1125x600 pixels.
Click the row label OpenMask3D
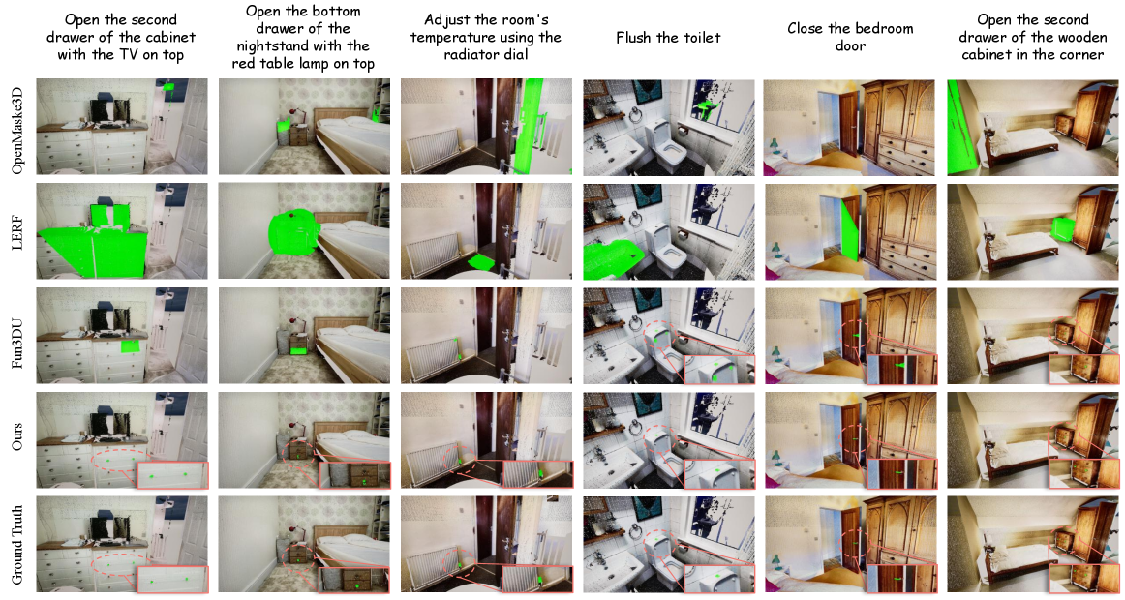click(18, 127)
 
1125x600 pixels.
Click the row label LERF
click(18, 231)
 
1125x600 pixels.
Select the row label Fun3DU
click(18, 337)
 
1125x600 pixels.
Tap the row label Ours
click(18, 437)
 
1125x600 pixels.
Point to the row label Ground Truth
click(18, 545)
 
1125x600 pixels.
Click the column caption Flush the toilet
click(668, 38)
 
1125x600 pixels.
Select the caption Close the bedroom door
click(850, 38)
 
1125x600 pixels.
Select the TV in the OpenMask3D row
click(109, 112)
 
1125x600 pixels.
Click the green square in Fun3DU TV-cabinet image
click(131, 346)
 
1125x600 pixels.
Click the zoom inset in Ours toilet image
click(719, 475)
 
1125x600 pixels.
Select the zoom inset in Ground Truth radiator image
click(537, 580)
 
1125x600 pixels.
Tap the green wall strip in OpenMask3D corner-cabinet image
click(961, 129)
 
